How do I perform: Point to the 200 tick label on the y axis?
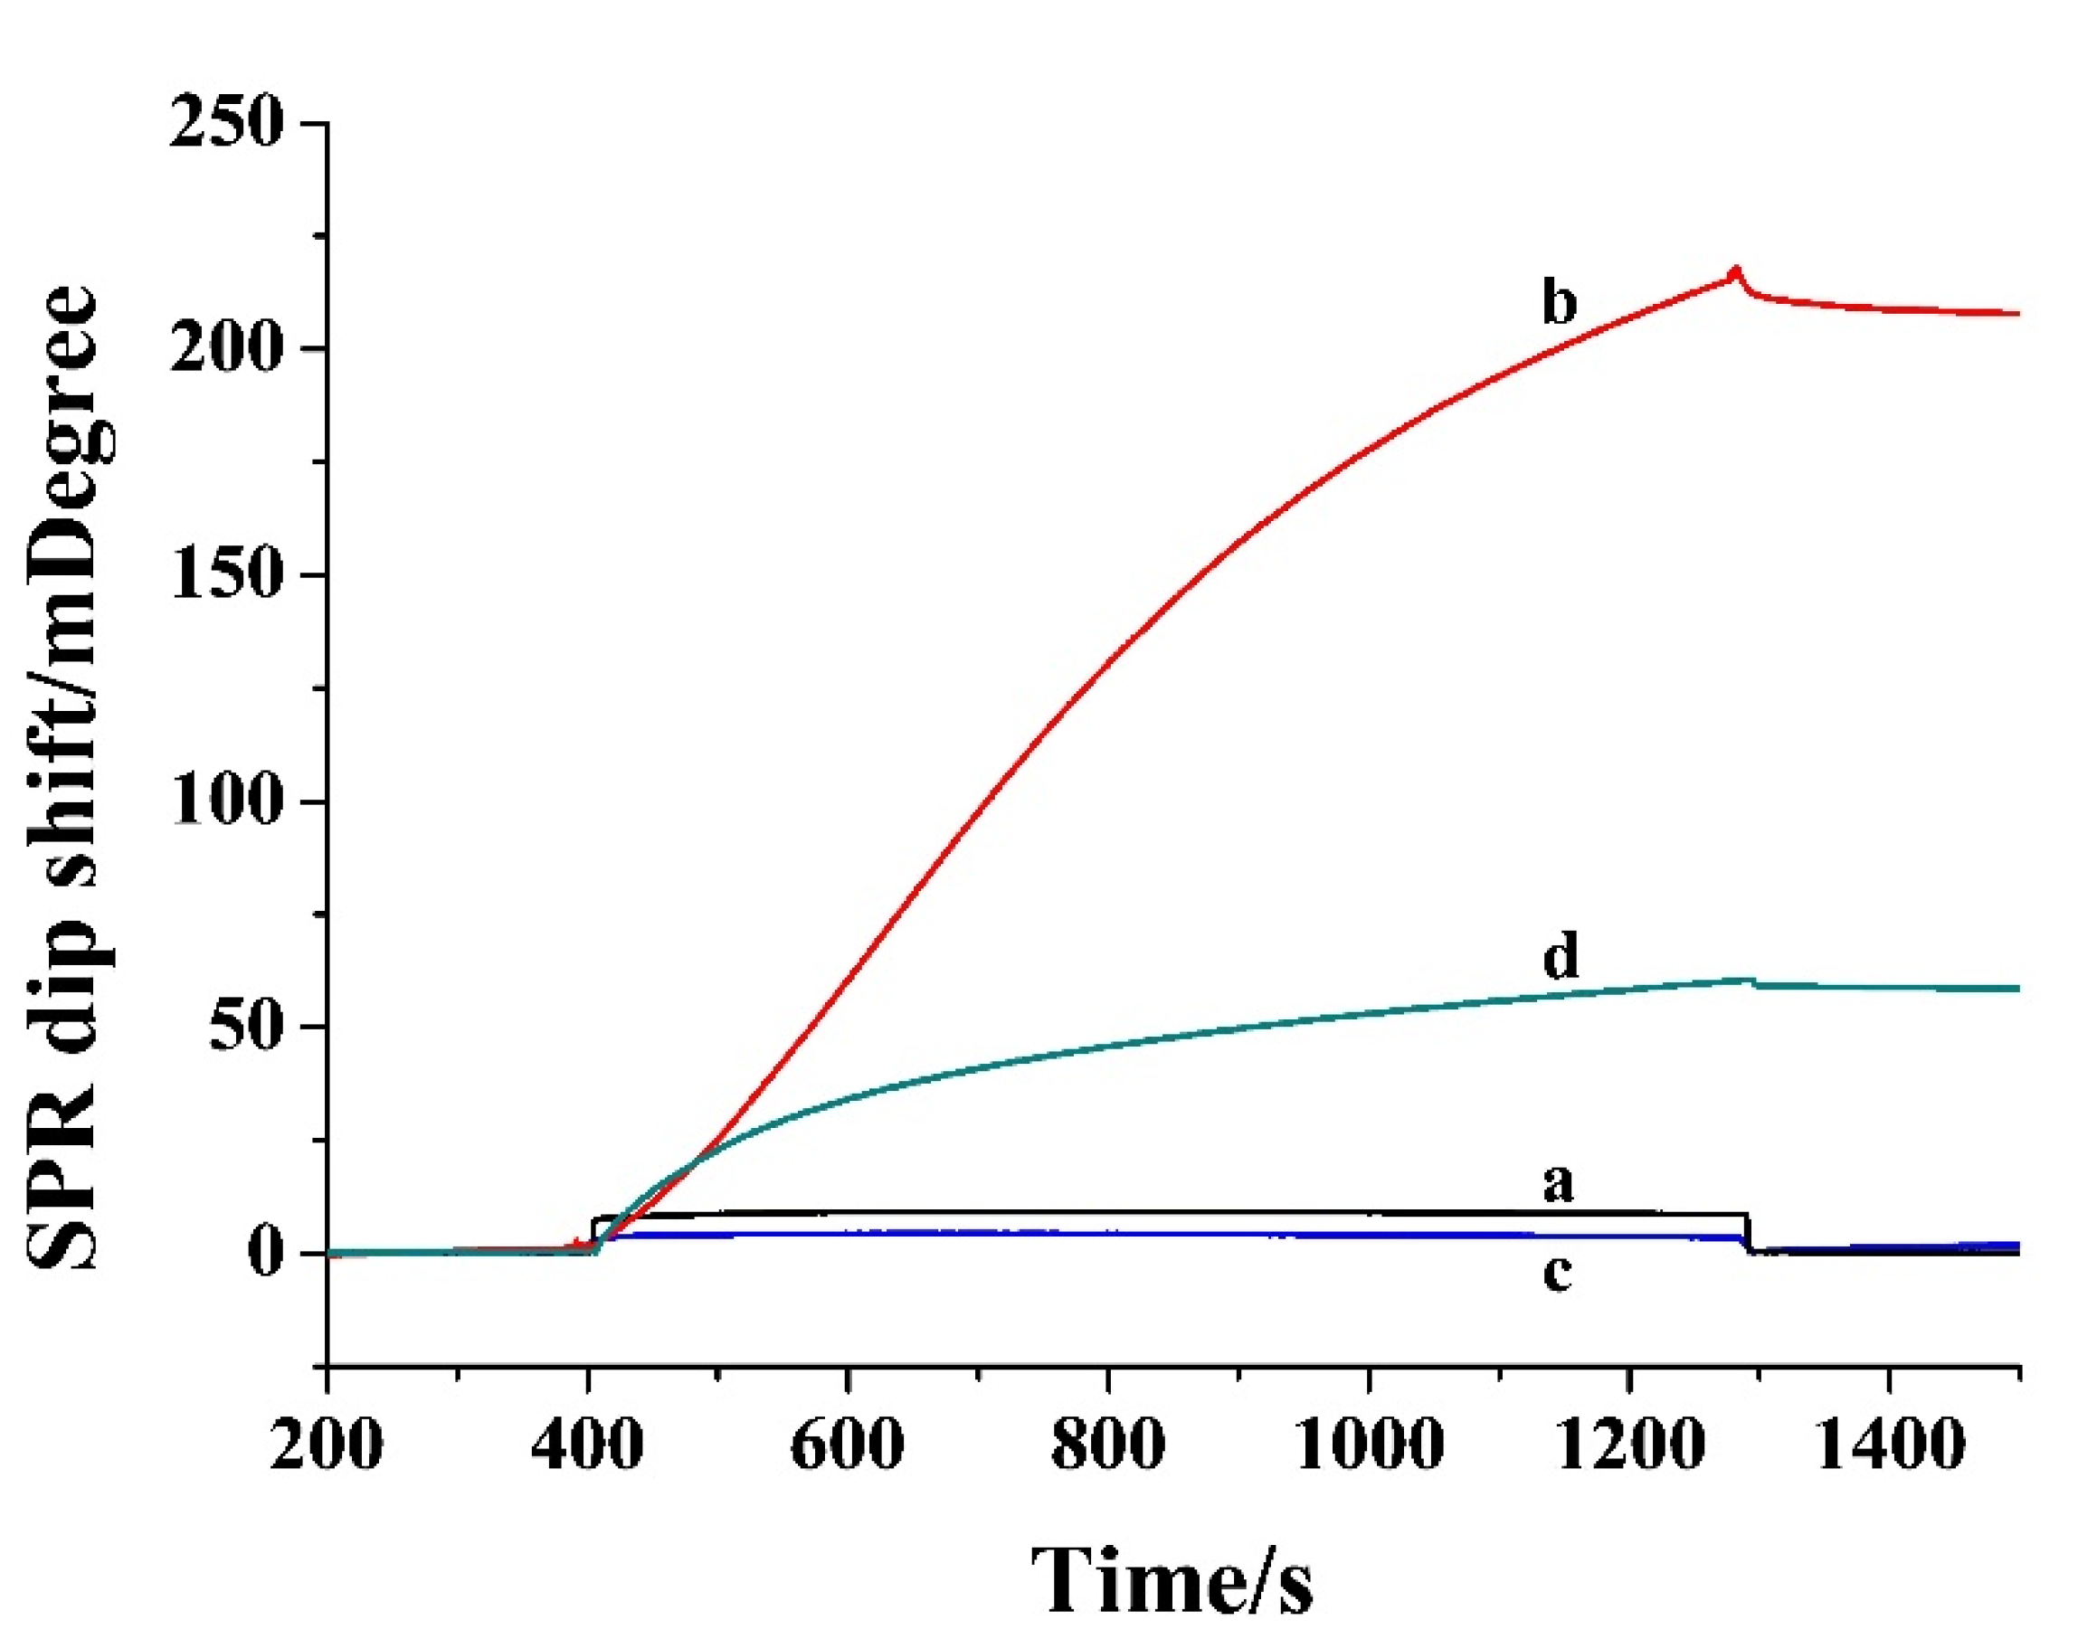pos(226,349)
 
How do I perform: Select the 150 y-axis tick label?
pos(226,575)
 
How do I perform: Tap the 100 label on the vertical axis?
pos(226,801)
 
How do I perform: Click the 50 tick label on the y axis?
pos(246,1028)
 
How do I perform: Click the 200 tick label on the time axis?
pos(327,1444)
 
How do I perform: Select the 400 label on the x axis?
pos(587,1444)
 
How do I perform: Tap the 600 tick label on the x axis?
pos(848,1444)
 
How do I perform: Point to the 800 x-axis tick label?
pos(1107,1444)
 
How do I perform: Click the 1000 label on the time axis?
pos(1369,1444)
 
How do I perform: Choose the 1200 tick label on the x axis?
pos(1629,1444)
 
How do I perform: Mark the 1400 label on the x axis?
pos(1889,1444)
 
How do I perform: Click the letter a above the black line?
pos(1558,1183)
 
